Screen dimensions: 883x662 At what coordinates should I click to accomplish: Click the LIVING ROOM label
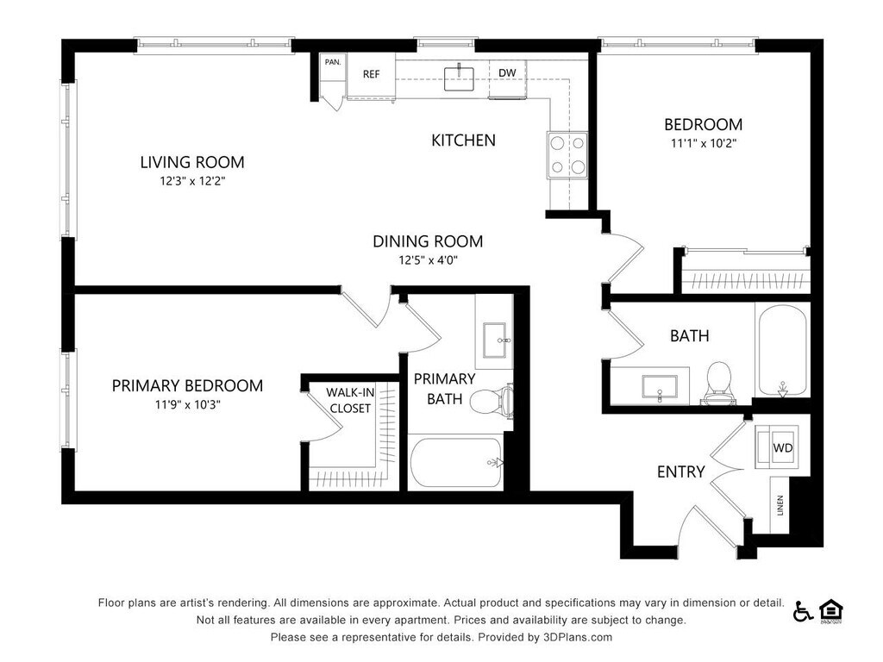(192, 162)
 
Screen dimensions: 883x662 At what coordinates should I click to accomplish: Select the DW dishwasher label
(507, 72)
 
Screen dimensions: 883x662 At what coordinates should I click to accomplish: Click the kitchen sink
(459, 78)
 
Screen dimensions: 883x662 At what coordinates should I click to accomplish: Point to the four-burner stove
(567, 155)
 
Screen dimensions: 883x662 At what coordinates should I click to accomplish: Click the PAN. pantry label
(333, 62)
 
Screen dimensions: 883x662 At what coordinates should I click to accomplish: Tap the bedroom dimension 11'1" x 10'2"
(704, 143)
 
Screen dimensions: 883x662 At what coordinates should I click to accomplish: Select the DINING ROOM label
(428, 241)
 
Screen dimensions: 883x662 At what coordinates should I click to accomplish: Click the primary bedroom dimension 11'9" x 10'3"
(187, 404)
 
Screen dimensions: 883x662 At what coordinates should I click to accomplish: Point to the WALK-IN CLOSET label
(350, 400)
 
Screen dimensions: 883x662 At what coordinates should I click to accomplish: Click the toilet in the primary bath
(492, 401)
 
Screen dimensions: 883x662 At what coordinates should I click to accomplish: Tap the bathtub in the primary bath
(456, 463)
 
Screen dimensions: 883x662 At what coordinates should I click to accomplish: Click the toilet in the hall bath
(718, 384)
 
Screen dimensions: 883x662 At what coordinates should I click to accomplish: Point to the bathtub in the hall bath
(782, 350)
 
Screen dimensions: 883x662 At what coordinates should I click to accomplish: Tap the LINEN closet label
(780, 505)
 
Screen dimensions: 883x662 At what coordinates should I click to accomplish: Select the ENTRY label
(681, 472)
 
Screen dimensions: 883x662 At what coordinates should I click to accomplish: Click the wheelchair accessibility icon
(803, 611)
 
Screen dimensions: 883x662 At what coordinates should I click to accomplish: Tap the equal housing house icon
(830, 612)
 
